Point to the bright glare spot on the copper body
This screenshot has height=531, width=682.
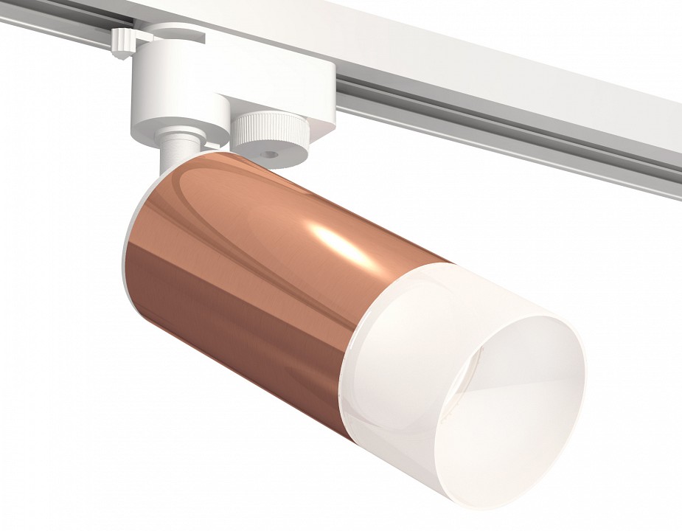[335, 240]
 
